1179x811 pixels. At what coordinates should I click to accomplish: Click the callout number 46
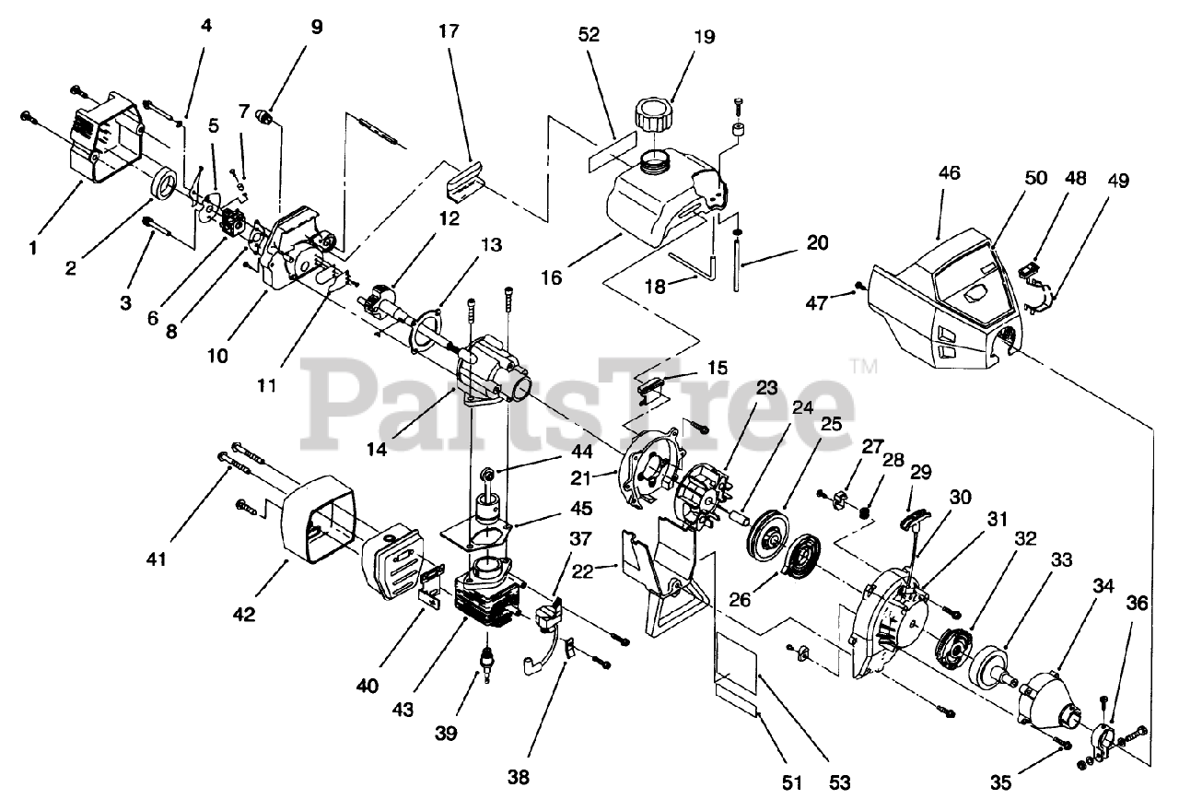coord(949,171)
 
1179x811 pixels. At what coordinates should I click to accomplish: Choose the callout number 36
coord(1138,629)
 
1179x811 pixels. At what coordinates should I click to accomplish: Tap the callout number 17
coord(449,29)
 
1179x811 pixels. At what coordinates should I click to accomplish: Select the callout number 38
coord(519,777)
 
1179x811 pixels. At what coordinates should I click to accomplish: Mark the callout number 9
coord(317,27)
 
